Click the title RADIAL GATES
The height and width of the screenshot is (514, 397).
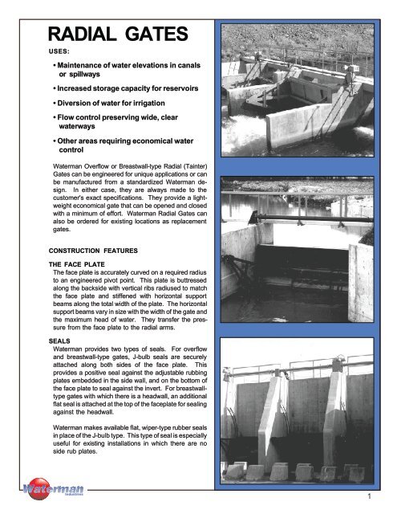click(118, 36)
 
